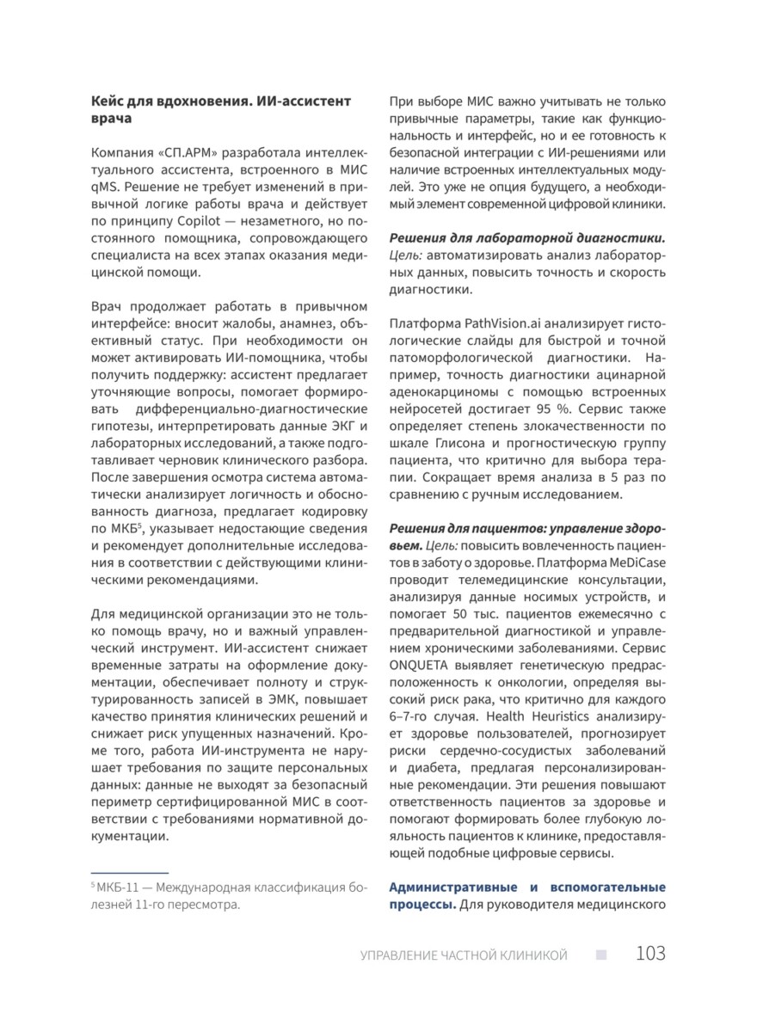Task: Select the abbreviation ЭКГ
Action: click(342, 427)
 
